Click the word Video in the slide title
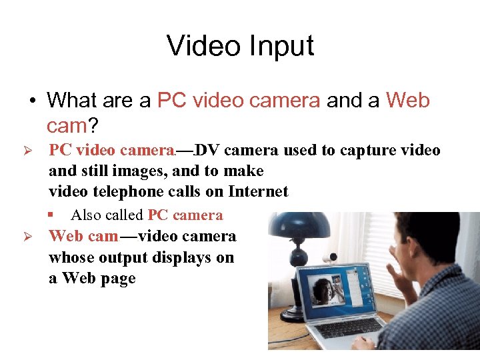tap(202, 47)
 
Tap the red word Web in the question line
tap(408, 101)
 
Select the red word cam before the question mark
tap(67, 125)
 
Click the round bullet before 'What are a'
tap(32, 101)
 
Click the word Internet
tap(258, 192)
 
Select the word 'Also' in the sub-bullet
tap(86, 215)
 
